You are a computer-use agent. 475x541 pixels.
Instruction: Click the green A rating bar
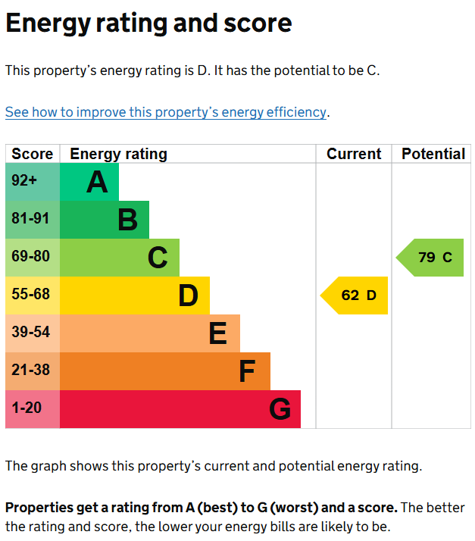89,182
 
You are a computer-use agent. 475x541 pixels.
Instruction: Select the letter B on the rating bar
127,220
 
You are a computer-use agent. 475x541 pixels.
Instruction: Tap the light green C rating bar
119,258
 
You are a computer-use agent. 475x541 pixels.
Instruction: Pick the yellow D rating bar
134,296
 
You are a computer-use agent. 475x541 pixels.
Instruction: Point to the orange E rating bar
149,333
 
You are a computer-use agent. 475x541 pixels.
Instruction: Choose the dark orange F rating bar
164,371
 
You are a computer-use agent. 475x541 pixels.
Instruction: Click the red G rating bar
180,409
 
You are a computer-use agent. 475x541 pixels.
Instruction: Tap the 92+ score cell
33,182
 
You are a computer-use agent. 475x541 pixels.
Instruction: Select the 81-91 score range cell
33,220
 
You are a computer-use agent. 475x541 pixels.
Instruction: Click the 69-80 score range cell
33,258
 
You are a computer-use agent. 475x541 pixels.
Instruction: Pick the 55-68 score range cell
33,296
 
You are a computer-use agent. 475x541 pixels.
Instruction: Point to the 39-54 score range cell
33,333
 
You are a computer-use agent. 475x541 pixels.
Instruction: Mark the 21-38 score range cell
33,371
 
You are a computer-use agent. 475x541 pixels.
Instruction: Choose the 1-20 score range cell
33,409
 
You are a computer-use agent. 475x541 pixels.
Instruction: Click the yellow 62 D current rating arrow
356,296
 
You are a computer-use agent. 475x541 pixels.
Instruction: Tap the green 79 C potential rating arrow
432,258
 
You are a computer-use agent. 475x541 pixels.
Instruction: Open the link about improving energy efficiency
165,112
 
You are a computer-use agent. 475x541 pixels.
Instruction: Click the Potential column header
433,154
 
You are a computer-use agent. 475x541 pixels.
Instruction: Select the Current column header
354,154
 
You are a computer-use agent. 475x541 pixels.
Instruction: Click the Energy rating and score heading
148,23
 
